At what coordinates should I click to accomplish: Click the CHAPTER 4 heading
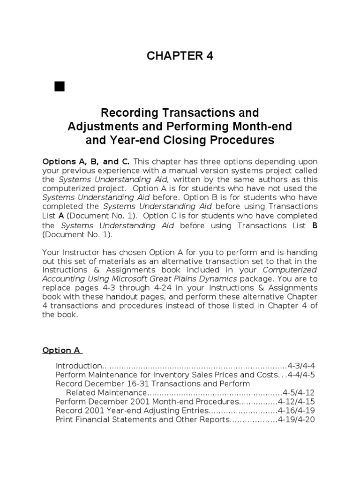coord(180,56)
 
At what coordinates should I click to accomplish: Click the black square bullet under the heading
coord(59,86)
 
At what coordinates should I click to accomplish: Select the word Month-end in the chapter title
coord(267,127)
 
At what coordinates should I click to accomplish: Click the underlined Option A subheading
coord(61,350)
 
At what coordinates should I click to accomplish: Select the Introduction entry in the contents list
coord(78,366)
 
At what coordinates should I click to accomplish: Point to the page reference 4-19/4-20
coord(298,420)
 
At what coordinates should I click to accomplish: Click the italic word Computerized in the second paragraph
coord(290,270)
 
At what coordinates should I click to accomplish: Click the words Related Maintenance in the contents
coord(106,392)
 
